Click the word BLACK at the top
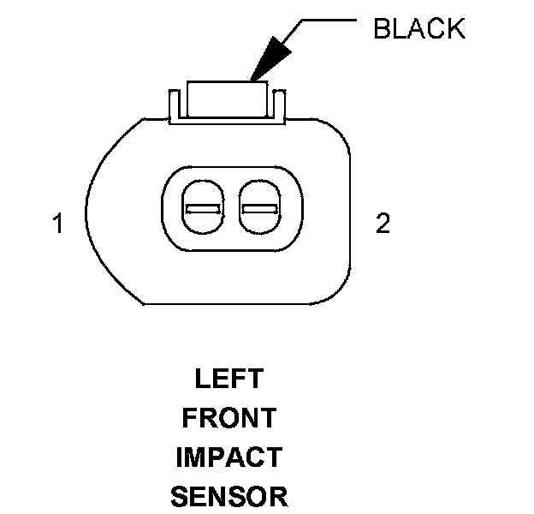click(419, 28)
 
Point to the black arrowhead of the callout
click(267, 63)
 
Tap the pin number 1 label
click(57, 224)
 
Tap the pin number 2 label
click(383, 224)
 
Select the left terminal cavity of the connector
click(203, 208)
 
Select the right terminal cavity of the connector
click(258, 208)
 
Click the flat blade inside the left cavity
click(203, 209)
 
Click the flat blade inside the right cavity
click(258, 209)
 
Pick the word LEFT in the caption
click(228, 379)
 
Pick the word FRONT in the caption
click(228, 418)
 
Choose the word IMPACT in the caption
click(228, 457)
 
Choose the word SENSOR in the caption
click(228, 497)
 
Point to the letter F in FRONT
click(188, 418)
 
